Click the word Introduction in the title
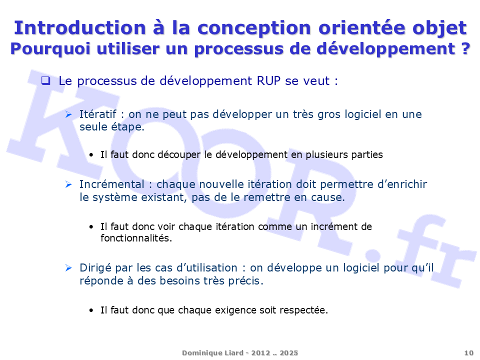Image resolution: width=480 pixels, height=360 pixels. coord(80,28)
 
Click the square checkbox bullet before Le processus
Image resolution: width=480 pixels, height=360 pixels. coord(45,80)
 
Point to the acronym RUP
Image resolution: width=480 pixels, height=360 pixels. coord(268,81)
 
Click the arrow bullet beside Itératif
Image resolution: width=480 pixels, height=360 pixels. coord(68,114)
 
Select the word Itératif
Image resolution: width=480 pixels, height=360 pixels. coord(98,114)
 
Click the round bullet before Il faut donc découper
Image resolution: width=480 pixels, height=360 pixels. coord(91,155)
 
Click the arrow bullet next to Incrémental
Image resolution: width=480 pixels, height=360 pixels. coord(68,184)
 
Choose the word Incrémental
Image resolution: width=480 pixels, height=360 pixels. coord(111,184)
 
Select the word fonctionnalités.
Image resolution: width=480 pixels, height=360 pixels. coord(136,238)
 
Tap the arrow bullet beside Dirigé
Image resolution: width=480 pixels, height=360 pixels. coord(68,268)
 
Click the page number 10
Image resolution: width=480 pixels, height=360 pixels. coord(469,353)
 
